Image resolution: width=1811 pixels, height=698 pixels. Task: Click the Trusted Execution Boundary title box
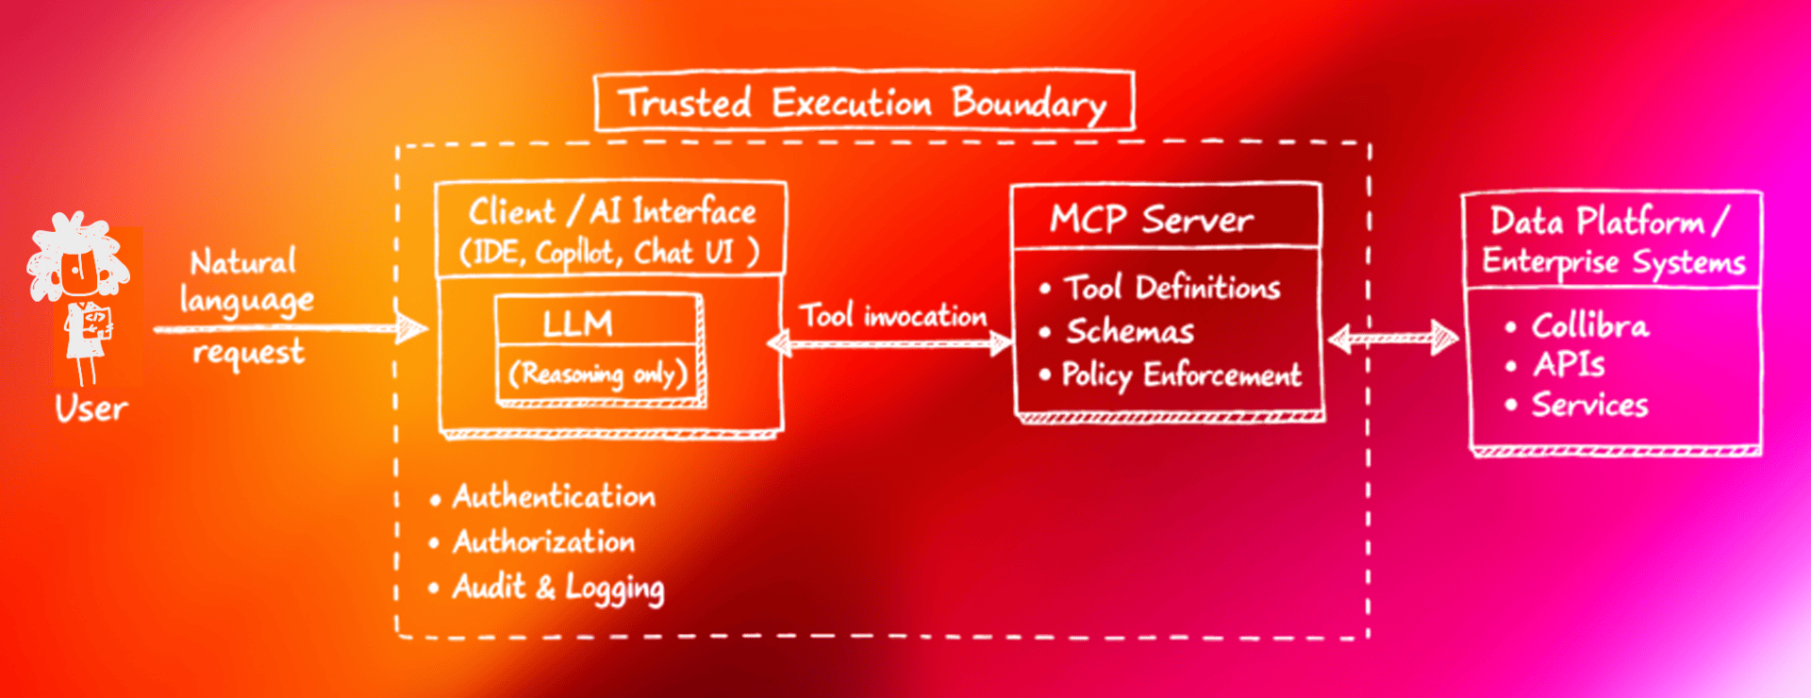864,102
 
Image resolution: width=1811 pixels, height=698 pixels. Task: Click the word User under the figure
91,408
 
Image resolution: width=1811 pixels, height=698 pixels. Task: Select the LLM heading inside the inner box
577,324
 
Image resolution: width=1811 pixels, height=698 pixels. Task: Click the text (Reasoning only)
598,374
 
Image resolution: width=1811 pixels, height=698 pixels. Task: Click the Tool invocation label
892,315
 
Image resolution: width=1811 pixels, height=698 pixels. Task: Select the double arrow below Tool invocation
890,343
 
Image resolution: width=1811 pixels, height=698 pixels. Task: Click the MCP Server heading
1152,220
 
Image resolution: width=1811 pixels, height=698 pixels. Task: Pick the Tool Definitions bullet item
1171,288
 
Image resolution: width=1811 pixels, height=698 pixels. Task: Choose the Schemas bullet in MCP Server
1129,331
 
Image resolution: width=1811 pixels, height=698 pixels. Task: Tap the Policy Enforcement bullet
1181,374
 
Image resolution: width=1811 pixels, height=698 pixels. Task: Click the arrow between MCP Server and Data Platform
1393,337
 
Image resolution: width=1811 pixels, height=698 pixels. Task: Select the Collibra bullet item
1589,325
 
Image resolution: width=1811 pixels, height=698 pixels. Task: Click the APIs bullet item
1569,364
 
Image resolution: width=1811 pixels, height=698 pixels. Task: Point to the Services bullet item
1589,405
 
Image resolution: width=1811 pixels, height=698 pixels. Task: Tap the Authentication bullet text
554,496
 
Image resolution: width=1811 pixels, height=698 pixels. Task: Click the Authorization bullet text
544,541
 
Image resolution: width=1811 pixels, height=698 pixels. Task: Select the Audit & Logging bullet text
558,587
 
